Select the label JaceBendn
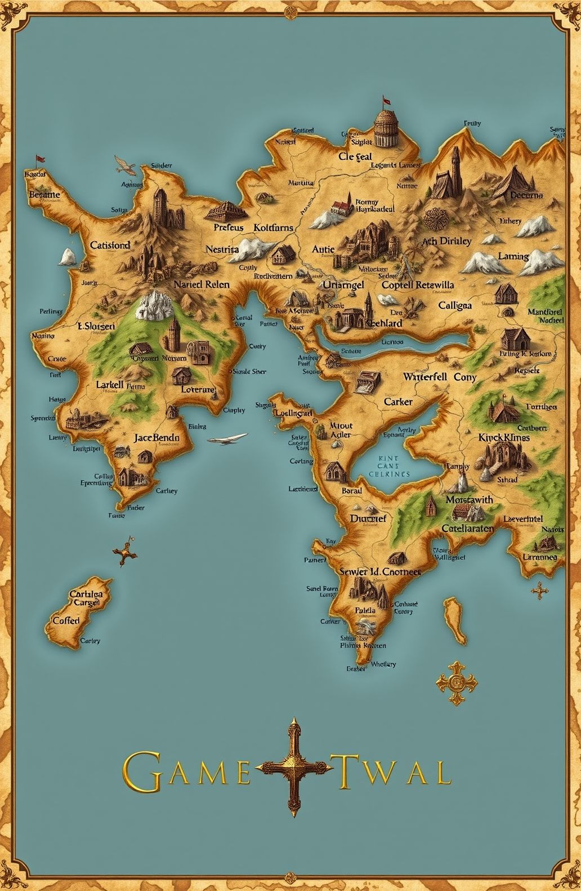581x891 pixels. tap(157, 436)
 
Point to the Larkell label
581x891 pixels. tap(110, 384)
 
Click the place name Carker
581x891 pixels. tap(398, 402)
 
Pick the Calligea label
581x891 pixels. tap(455, 305)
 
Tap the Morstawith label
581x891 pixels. tap(469, 499)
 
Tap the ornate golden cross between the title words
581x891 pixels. tap(293, 767)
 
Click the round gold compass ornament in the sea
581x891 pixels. tap(456, 682)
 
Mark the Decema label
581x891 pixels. tap(526, 195)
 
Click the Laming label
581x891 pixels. tap(513, 256)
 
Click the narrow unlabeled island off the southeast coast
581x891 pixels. tap(455, 621)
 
